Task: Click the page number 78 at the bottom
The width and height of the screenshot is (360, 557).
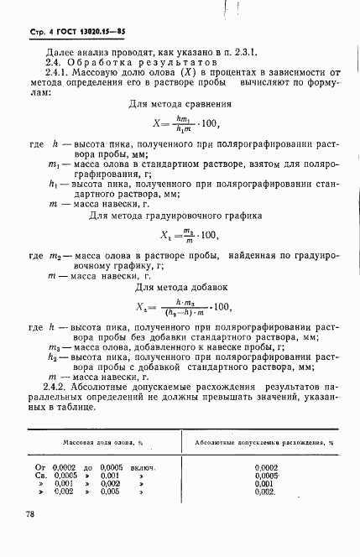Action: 31,514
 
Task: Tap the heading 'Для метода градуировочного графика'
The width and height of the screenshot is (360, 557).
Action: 180,216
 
